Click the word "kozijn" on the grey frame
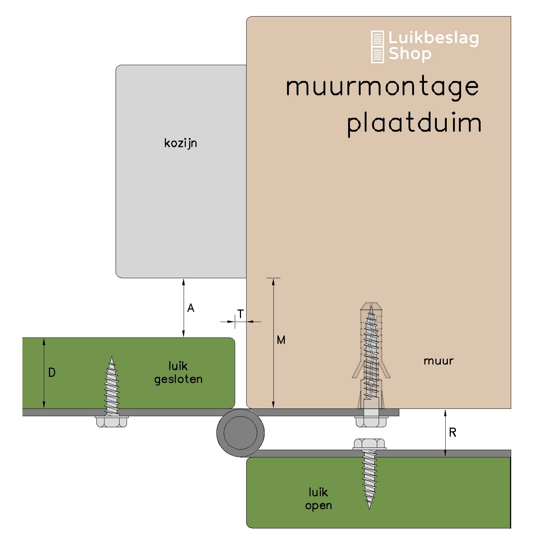pos(180,143)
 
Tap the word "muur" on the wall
pos(438,361)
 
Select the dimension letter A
pos(191,308)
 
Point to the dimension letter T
pos(240,314)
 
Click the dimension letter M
pos(281,340)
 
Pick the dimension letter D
pos(52,373)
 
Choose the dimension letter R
pos(453,432)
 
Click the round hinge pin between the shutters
pos(240,433)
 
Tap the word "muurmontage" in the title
pos(382,87)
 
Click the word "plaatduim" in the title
pos(414,123)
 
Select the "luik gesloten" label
pos(178,372)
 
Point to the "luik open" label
pos(318,499)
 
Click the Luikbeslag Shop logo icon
pos(377,47)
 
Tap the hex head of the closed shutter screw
pos(112,421)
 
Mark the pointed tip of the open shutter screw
pos(369,508)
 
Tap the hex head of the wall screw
pos(371,421)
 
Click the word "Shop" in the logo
pos(410,54)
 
